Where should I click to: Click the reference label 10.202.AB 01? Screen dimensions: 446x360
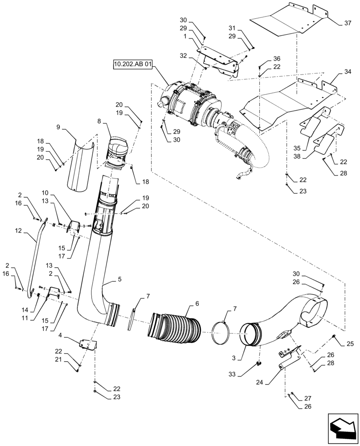click(133, 65)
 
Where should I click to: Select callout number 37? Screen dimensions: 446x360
click(348, 23)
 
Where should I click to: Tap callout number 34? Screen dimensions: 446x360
click(348, 71)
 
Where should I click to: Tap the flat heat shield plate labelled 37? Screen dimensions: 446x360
click(285, 20)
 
